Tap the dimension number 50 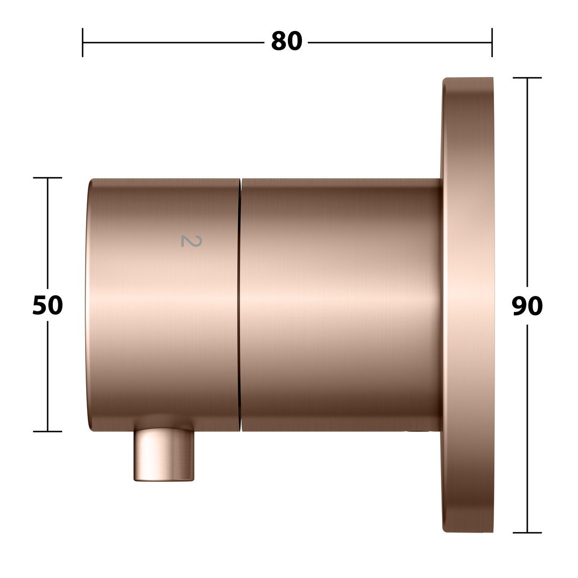pos(48,305)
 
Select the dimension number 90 pos(527,306)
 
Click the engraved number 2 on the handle pos(191,241)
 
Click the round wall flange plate pos(467,305)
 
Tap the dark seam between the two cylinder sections pos(240,305)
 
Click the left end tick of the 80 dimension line pos(82,42)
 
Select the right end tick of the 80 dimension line pos(492,42)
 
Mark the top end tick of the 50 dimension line pos(48,178)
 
